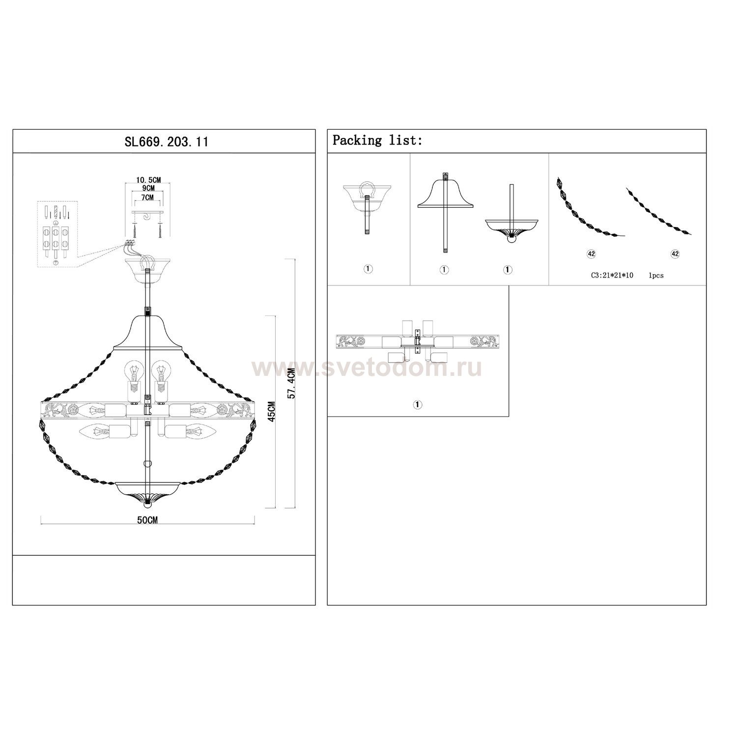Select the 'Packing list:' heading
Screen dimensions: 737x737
[377, 141]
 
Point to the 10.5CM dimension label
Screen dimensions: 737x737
[148, 180]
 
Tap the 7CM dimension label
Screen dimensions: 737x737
[147, 197]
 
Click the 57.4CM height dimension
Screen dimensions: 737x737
[291, 383]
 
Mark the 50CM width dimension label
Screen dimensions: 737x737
[147, 521]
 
